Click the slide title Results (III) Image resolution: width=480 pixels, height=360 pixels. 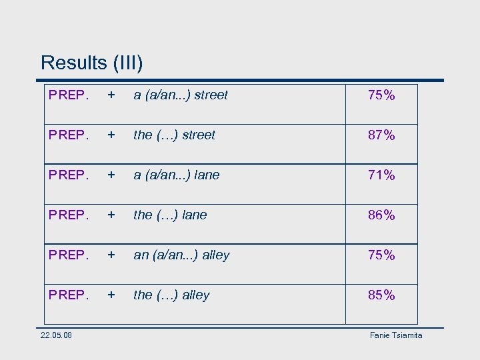coord(91,63)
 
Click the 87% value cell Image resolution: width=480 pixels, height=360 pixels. coord(381,135)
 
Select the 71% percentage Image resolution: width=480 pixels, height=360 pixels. coord(381,175)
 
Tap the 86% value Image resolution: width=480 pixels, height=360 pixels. coord(381,215)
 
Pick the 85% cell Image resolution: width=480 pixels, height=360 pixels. coord(381,295)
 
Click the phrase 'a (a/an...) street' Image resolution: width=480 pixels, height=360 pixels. coord(181,95)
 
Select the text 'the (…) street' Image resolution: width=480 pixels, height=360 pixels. coord(174,135)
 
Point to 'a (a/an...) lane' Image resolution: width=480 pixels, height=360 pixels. coord(176,175)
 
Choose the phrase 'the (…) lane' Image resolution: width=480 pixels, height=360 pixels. coord(170,215)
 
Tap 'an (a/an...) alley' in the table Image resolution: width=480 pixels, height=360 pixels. coord(181,255)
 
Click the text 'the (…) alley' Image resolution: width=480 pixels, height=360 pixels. coord(171,295)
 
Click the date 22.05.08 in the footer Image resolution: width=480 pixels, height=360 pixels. coord(57,335)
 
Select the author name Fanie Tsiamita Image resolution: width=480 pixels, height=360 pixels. coord(396,335)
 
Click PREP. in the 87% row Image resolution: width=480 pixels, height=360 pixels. coord(69,135)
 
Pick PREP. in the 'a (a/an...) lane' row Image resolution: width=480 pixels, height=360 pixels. coord(69,175)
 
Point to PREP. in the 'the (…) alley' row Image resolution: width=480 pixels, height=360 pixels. coord(69,295)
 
